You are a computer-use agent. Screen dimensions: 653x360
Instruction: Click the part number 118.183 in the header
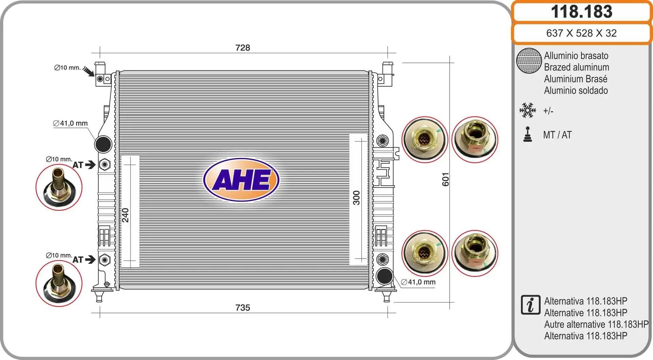coord(582,12)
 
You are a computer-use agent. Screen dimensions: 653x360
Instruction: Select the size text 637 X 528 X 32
coord(581,33)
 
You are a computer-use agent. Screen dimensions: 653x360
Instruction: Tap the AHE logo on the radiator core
coord(241,180)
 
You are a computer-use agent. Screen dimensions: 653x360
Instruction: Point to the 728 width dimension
coord(242,48)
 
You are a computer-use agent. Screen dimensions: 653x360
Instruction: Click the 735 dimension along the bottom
coord(242,308)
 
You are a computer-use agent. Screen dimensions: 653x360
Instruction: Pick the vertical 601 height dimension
coord(446,179)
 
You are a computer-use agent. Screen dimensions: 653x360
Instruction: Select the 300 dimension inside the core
coord(356,198)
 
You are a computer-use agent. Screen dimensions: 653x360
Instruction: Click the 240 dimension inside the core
coord(125,215)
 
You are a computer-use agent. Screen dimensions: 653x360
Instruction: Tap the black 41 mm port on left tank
coord(103,144)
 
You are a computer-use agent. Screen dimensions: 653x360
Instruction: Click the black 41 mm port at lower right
coord(385,276)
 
